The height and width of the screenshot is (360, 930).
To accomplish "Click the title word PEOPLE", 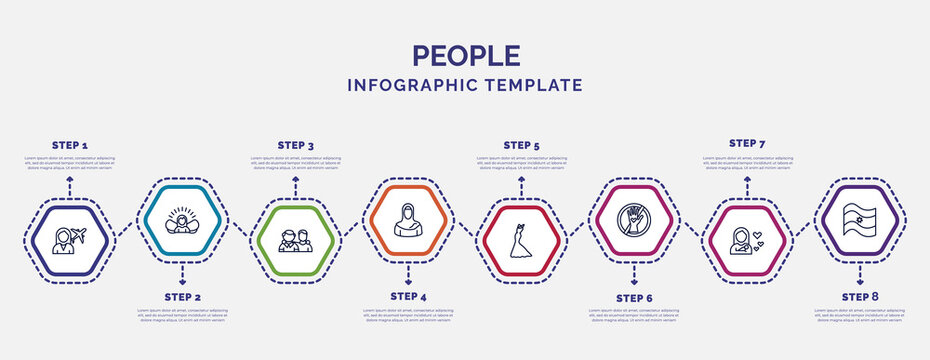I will pyautogui.click(x=465, y=55).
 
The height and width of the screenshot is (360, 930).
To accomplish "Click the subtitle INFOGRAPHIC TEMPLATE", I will pyautogui.click(x=465, y=85).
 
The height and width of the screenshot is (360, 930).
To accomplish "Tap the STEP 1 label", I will pyautogui.click(x=70, y=145).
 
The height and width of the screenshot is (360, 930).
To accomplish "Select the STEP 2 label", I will pyautogui.click(x=182, y=298).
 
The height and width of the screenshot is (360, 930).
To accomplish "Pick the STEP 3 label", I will pyautogui.click(x=295, y=145).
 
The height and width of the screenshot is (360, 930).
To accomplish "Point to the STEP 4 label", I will pyautogui.click(x=408, y=297).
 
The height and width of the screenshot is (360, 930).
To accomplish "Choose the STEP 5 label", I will pyautogui.click(x=521, y=145).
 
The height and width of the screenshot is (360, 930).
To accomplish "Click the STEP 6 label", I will pyautogui.click(x=634, y=298).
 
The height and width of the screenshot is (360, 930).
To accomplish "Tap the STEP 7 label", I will pyautogui.click(x=747, y=143).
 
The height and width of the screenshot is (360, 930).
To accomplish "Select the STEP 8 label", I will pyautogui.click(x=860, y=297).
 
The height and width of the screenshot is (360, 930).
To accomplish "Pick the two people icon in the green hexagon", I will pyautogui.click(x=295, y=241).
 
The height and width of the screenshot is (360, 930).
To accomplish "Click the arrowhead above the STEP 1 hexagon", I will pyautogui.click(x=70, y=181).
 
